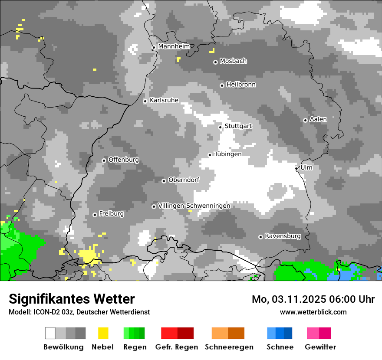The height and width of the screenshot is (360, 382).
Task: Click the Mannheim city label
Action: point(174,46)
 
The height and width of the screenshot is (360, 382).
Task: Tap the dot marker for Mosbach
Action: point(215,62)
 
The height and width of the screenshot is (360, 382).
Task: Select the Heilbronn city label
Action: point(241,85)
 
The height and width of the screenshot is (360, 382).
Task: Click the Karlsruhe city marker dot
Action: point(145,101)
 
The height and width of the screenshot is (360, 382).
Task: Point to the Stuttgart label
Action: point(238,126)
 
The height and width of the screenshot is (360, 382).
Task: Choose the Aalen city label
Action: point(318,119)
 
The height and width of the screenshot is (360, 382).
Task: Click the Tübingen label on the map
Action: point(228,154)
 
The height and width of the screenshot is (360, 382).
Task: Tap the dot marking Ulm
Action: point(296,168)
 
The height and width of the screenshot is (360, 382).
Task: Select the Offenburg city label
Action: point(124,160)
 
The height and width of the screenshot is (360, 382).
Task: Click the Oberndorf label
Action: point(184,180)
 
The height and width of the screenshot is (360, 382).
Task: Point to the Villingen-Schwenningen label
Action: point(194,206)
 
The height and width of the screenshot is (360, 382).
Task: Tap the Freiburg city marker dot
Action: point(95,215)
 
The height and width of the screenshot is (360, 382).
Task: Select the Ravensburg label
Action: point(283,236)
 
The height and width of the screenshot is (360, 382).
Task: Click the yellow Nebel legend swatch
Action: point(103,333)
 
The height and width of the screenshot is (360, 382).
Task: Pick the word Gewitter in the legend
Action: point(320,347)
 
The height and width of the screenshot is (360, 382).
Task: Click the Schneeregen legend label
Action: point(229,347)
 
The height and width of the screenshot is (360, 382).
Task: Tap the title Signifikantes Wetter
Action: point(72,299)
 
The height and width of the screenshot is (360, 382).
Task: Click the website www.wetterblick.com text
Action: point(313,312)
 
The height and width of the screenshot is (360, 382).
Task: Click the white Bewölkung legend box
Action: point(50,333)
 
